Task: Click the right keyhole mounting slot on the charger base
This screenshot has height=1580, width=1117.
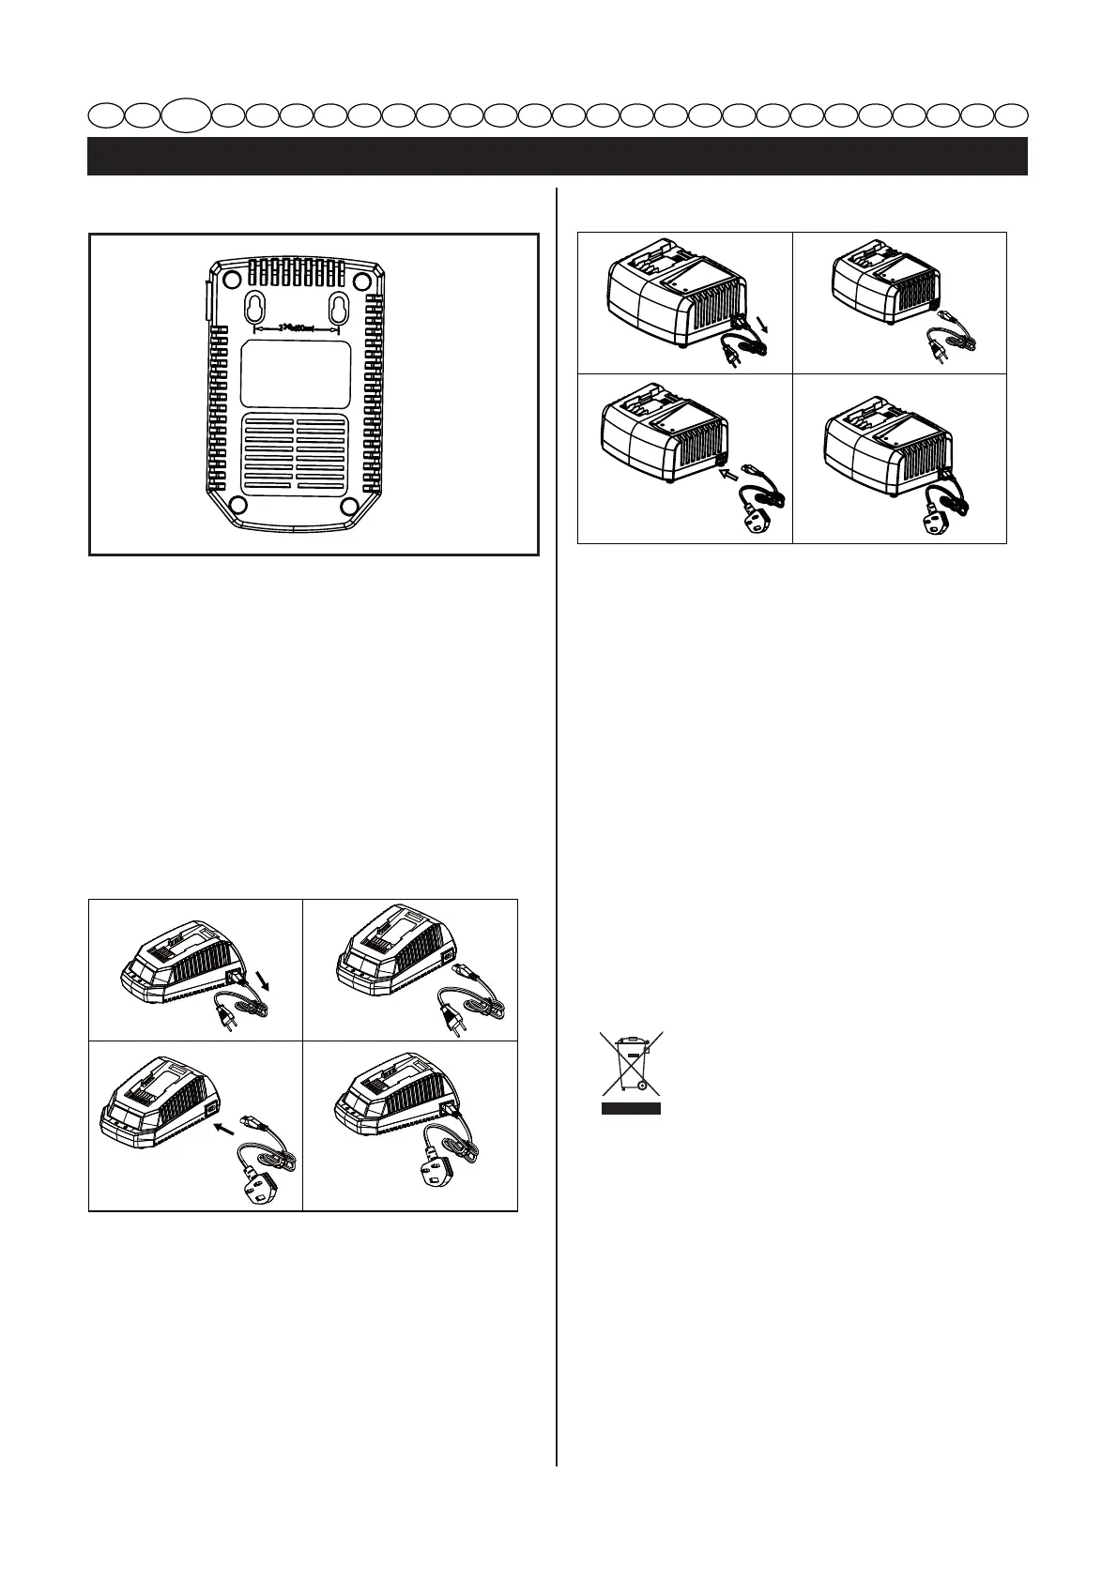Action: point(339,307)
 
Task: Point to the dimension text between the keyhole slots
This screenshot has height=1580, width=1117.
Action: point(297,328)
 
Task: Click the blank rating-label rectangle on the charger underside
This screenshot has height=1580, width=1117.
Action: point(296,373)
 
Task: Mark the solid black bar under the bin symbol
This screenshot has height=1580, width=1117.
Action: point(632,1108)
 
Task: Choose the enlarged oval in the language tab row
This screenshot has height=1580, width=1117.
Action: point(184,116)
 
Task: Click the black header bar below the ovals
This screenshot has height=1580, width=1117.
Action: point(558,157)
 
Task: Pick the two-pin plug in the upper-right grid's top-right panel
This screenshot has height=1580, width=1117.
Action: point(935,349)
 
